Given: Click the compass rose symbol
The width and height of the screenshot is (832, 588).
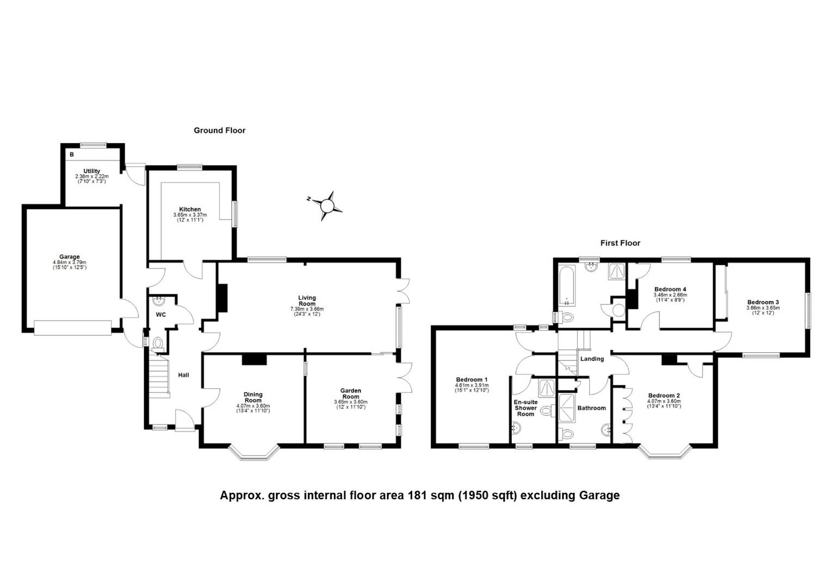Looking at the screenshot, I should coord(327,206).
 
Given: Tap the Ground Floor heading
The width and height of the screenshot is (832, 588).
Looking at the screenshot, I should coord(219,131).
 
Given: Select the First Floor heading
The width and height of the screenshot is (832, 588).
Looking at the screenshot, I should coord(620,243).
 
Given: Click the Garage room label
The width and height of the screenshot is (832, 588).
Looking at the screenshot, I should coord(70,257).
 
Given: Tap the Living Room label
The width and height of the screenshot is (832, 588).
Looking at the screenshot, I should coord(307,301).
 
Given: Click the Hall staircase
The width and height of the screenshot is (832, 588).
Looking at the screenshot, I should coord(158,376).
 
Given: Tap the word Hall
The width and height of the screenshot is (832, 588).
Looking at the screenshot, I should coord(183,375).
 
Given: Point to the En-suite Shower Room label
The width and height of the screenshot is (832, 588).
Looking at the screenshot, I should coord(525,408).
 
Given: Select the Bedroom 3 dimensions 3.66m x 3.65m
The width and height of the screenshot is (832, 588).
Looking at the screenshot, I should coord(763,308).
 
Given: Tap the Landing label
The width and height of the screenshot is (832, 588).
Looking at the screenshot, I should coord(592,359).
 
